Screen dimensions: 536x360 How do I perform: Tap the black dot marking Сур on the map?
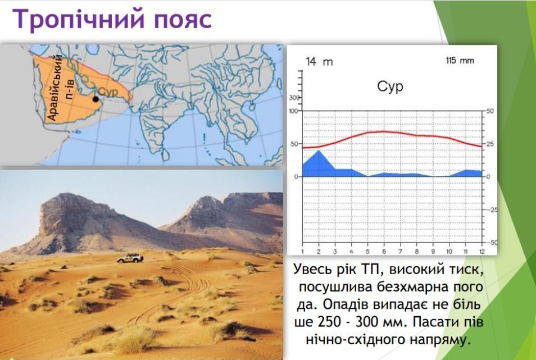coord(96,99)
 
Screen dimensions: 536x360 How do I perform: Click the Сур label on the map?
coord(108,92)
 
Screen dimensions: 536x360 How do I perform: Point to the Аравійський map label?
coord(56,87)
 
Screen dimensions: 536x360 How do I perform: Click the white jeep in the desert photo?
coord(130,258)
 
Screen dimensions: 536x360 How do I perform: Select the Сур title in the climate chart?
coord(390,86)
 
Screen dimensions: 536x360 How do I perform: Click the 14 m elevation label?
coord(319,61)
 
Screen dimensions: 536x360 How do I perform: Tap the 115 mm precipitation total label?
coord(460,61)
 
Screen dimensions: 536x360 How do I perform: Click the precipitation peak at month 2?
coord(319,151)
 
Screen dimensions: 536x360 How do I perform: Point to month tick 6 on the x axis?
coord(384,252)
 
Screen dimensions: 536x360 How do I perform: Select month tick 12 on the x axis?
coord(482,252)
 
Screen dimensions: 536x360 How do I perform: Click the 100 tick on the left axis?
coord(294,111)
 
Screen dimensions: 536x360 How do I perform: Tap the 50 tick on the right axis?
coord(490,111)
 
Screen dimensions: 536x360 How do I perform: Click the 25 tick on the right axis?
coord(490,144)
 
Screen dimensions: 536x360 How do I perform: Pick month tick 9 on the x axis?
coord(433,252)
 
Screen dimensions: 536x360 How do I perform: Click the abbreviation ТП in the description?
coord(371,270)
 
